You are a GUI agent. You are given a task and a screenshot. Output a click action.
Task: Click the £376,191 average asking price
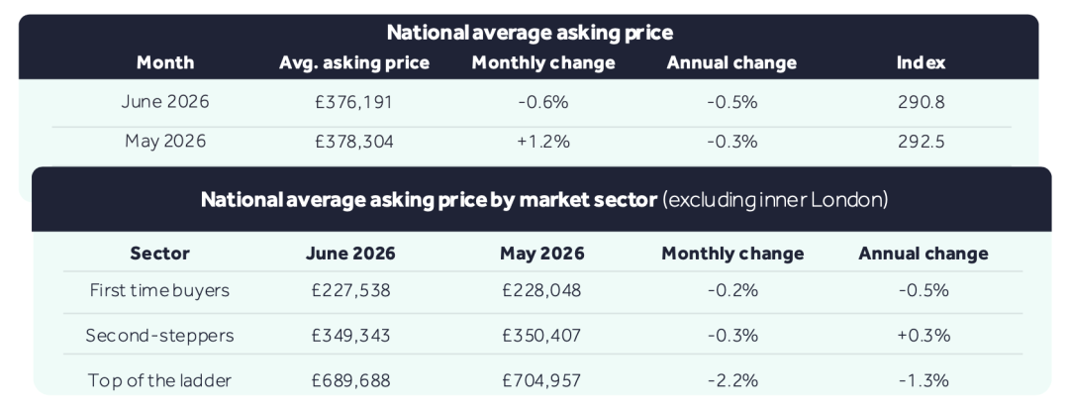click(353, 102)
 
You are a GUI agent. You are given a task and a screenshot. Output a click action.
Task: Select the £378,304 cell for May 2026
click(353, 142)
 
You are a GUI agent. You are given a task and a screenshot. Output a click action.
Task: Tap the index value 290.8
click(922, 102)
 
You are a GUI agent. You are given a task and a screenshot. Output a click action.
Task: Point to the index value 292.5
click(922, 142)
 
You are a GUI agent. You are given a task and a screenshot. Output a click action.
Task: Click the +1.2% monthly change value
click(542, 142)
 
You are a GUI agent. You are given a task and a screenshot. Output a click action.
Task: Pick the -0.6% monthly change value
click(542, 102)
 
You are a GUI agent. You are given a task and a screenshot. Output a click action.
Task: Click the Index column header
click(922, 62)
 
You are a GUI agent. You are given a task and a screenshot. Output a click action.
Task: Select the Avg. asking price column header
click(353, 63)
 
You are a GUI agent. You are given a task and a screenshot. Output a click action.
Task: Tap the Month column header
click(165, 62)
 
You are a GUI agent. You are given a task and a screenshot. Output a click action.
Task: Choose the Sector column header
click(159, 254)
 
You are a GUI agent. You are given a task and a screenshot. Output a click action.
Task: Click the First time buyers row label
click(159, 290)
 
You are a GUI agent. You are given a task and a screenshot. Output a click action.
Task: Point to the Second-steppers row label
click(159, 336)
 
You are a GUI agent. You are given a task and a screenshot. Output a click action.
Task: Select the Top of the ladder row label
click(159, 380)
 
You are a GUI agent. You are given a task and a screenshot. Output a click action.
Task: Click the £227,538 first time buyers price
click(351, 290)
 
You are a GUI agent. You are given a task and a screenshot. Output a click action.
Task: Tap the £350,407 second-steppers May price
click(542, 336)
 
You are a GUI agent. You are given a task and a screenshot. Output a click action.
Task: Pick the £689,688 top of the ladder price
click(351, 380)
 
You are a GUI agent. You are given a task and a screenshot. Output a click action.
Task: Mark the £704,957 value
click(542, 380)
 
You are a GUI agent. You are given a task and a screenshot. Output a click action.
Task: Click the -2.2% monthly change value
click(732, 380)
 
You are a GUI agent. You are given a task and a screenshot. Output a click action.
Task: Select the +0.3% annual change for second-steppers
click(923, 336)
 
